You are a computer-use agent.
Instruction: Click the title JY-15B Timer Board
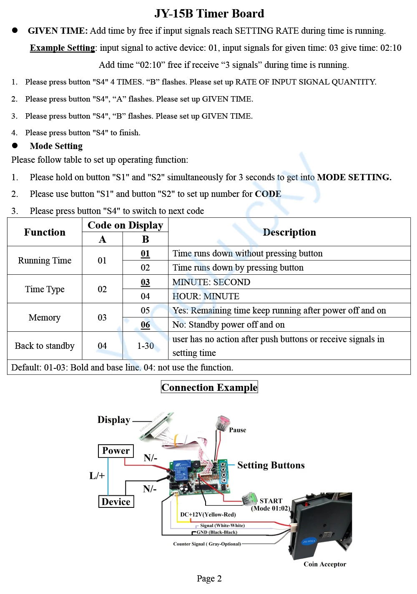[x=209, y=14]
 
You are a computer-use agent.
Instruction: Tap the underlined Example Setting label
[x=63, y=48]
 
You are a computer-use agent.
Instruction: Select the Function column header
[x=45, y=232]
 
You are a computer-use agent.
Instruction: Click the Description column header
[x=289, y=232]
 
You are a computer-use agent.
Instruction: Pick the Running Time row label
[x=45, y=261]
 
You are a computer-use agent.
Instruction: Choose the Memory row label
[x=45, y=318]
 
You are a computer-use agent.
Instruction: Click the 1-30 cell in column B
[x=146, y=346]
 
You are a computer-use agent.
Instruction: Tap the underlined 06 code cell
[x=145, y=325]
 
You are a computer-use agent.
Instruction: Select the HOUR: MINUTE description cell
[x=206, y=296]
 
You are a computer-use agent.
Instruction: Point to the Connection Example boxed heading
[x=209, y=388]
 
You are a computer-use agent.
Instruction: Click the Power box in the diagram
[x=116, y=451]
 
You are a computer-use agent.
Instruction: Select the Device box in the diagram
[x=116, y=502]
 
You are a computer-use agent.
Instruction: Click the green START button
[x=250, y=497]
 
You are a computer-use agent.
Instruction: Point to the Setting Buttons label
[x=271, y=465]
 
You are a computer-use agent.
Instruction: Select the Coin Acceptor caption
[x=325, y=564]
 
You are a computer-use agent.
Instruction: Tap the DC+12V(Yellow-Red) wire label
[x=208, y=514]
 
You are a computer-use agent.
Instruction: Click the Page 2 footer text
[x=209, y=579]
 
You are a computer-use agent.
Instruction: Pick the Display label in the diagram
[x=114, y=420]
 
